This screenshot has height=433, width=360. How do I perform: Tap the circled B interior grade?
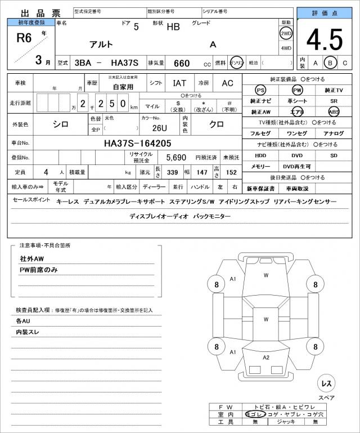(x=330, y=63)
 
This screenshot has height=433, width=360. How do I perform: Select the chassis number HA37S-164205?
(x=138, y=144)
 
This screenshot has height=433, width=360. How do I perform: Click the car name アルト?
(x=101, y=44)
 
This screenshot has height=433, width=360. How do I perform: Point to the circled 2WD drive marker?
(x=286, y=33)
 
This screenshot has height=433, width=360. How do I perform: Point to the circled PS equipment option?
(x=260, y=90)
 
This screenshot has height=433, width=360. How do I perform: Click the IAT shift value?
(x=179, y=83)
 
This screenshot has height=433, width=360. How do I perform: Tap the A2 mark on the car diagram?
(x=266, y=358)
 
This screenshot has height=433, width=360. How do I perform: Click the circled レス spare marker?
(x=326, y=383)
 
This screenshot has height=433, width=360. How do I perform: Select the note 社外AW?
(x=31, y=258)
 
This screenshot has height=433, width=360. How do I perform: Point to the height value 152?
(x=231, y=172)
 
